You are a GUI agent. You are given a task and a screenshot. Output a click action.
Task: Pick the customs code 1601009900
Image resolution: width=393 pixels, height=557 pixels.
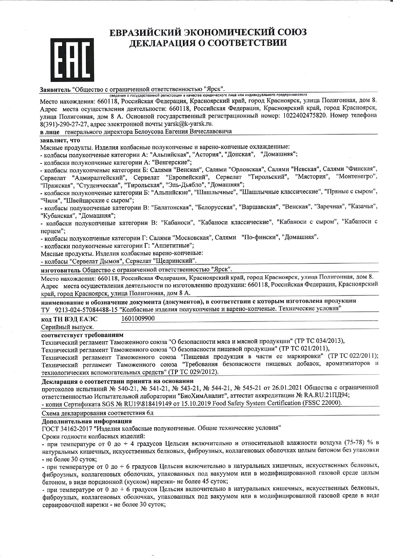click(138, 318)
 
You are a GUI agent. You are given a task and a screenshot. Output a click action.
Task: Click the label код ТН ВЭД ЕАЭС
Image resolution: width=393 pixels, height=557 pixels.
click(69, 319)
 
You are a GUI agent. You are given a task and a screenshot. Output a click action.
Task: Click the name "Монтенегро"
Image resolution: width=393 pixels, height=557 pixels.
click(356, 176)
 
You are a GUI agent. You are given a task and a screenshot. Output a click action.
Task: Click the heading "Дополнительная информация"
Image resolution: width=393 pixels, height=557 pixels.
click(87, 421)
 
